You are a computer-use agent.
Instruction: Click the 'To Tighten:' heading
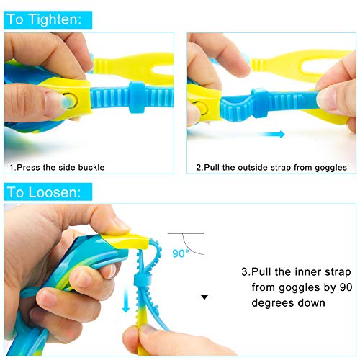tap(44, 19)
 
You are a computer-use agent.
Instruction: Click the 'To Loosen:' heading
tap(44, 192)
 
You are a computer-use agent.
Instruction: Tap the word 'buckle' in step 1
tap(91, 167)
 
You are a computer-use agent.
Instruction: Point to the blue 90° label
tap(181, 253)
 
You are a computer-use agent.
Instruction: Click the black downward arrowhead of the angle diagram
tap(204, 297)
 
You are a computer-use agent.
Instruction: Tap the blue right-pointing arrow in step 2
tap(272, 134)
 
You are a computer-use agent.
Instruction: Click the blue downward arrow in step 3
tap(126, 300)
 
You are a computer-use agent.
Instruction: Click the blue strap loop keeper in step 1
tap(137, 97)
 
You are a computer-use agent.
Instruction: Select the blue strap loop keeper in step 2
tap(260, 103)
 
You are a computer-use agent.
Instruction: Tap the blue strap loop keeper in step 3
tap(143, 282)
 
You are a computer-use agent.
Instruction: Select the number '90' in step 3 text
tap(346, 287)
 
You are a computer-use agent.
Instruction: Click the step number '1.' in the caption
tap(13, 167)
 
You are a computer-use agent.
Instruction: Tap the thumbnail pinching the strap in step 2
tap(326, 101)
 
